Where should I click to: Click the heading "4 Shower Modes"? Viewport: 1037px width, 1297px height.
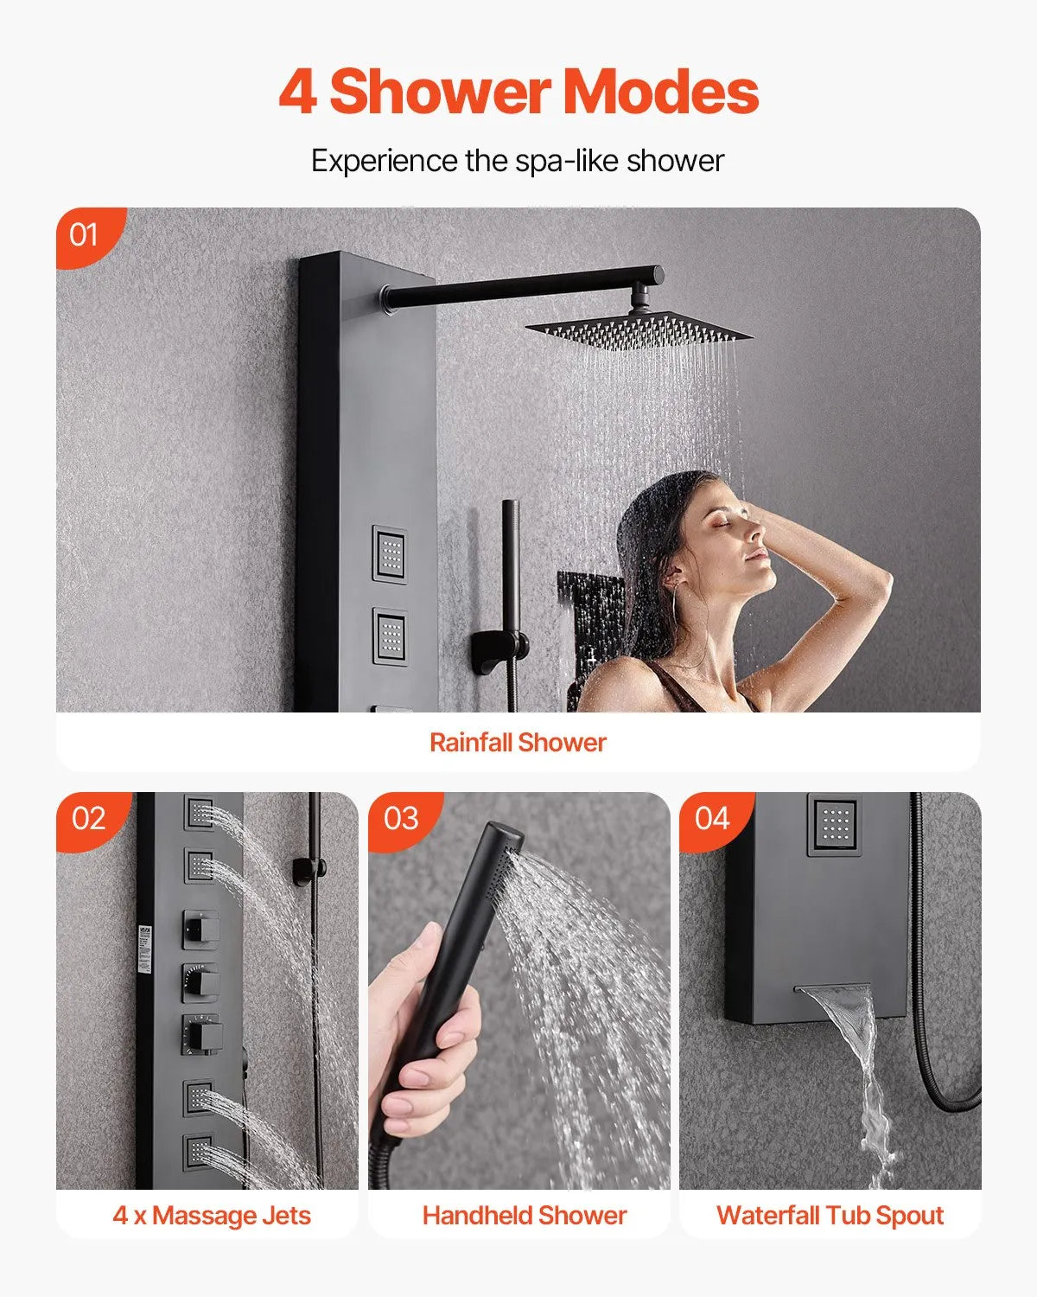click(x=518, y=93)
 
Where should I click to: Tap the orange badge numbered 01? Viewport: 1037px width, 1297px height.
click(x=85, y=234)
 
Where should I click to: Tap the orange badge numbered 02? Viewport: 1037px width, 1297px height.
click(x=88, y=818)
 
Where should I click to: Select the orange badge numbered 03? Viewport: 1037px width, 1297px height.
click(x=400, y=818)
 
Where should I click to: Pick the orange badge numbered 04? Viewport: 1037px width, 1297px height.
click(x=712, y=818)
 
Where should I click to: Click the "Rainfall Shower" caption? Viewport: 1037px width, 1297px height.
click(x=518, y=742)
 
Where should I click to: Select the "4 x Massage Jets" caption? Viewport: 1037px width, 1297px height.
click(x=212, y=1215)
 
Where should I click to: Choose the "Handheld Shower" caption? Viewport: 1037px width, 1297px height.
click(x=524, y=1215)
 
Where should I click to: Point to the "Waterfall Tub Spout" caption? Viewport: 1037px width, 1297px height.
click(x=830, y=1215)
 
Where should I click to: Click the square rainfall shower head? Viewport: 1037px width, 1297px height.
click(x=639, y=329)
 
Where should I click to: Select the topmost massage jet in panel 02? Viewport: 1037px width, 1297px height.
click(x=199, y=812)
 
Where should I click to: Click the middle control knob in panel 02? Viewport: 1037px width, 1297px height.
click(x=200, y=981)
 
